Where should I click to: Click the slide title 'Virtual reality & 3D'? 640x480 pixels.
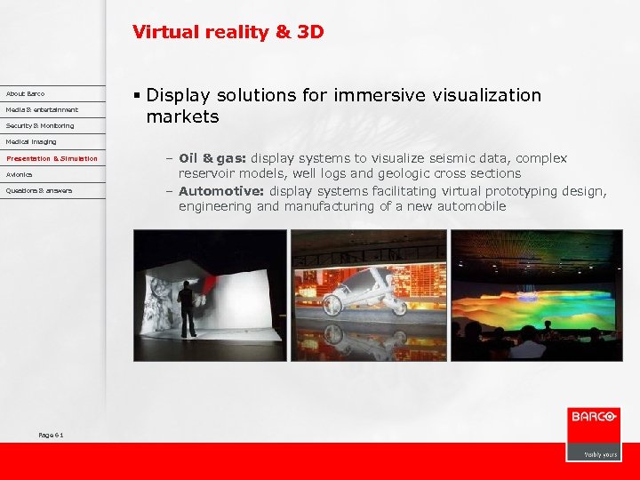click(x=228, y=32)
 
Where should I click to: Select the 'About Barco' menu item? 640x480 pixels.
click(x=25, y=93)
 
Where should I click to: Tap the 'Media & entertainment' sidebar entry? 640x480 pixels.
click(x=42, y=109)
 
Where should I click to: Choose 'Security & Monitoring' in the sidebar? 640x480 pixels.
click(x=40, y=125)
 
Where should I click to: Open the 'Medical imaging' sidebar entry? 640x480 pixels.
click(x=31, y=141)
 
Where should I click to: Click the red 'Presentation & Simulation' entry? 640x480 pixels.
click(x=52, y=158)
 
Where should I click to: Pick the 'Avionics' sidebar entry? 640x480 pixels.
click(x=20, y=174)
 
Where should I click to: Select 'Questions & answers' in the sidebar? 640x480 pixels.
click(x=39, y=190)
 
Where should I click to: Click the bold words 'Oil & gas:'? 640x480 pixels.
click(x=212, y=158)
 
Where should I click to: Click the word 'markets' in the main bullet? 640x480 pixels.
click(x=182, y=116)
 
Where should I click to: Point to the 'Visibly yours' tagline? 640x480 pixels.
click(x=600, y=453)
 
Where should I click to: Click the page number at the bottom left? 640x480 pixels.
click(x=51, y=434)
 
